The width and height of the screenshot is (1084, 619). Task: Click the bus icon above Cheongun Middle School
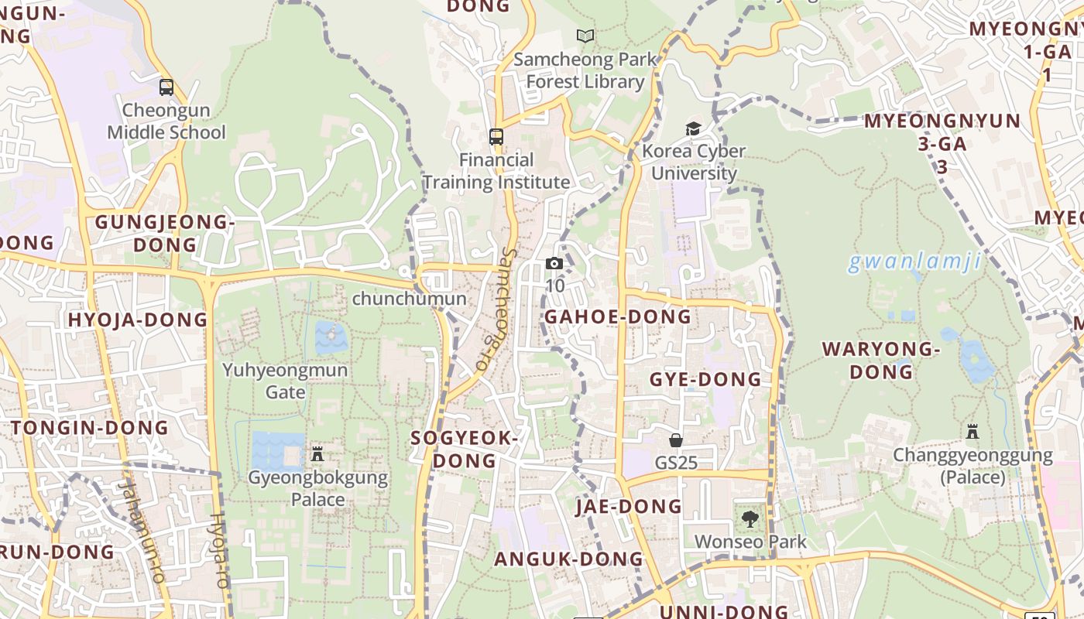point(166,87)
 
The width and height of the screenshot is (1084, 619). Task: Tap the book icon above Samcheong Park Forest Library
point(585,36)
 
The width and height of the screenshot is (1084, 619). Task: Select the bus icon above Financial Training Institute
point(496,137)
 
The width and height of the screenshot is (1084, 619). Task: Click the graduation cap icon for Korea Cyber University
point(693,128)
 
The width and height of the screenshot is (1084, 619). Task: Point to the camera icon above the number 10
point(554,263)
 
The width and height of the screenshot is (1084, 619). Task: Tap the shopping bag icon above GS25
point(676,440)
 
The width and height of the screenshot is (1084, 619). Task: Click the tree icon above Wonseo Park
point(750,519)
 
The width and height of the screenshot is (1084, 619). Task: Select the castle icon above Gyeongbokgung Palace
point(317,453)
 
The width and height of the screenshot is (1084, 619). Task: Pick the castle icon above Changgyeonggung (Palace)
point(973,432)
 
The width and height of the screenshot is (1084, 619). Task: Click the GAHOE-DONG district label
point(617,316)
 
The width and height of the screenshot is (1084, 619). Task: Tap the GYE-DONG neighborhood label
point(705,379)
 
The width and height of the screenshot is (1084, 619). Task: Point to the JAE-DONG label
point(628,507)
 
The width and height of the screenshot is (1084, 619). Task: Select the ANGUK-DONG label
point(569,559)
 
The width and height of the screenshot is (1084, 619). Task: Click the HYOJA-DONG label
point(138,320)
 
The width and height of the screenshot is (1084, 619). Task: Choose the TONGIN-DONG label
point(90,428)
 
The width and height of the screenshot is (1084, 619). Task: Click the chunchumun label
point(410,299)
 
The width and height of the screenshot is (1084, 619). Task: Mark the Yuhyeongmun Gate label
point(286,381)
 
